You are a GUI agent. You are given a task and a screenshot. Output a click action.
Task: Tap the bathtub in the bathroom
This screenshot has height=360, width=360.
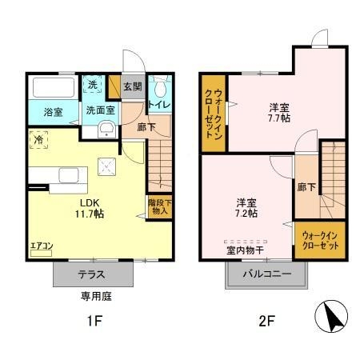(53, 86)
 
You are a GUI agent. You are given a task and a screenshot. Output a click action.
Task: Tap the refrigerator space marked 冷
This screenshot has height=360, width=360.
(37, 138)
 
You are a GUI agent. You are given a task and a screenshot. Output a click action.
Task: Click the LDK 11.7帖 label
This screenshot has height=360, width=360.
(88, 207)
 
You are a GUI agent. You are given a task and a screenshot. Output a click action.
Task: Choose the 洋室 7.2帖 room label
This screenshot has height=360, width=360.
(246, 207)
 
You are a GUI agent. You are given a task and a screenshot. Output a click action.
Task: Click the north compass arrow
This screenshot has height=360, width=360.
(332, 319)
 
